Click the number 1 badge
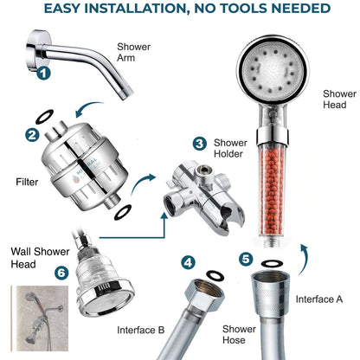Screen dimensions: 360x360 click(x=43, y=74)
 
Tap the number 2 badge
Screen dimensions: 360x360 click(x=32, y=135)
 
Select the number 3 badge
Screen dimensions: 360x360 click(x=200, y=144)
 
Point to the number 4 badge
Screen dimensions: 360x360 click(x=188, y=262)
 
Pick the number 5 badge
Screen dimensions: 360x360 click(x=246, y=259)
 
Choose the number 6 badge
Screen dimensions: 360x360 click(x=61, y=273)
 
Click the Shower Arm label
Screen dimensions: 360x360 click(x=133, y=52)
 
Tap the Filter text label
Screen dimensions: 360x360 click(x=27, y=182)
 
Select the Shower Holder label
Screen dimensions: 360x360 click(x=230, y=148)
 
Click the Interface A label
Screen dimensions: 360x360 click(x=319, y=299)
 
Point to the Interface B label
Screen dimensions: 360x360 click(x=141, y=330)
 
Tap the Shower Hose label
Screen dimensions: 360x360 click(x=239, y=334)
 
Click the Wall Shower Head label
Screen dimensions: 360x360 click(x=40, y=258)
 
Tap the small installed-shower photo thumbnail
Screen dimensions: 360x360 click(x=40, y=318)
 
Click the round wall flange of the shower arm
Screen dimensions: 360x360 click(x=34, y=51)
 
